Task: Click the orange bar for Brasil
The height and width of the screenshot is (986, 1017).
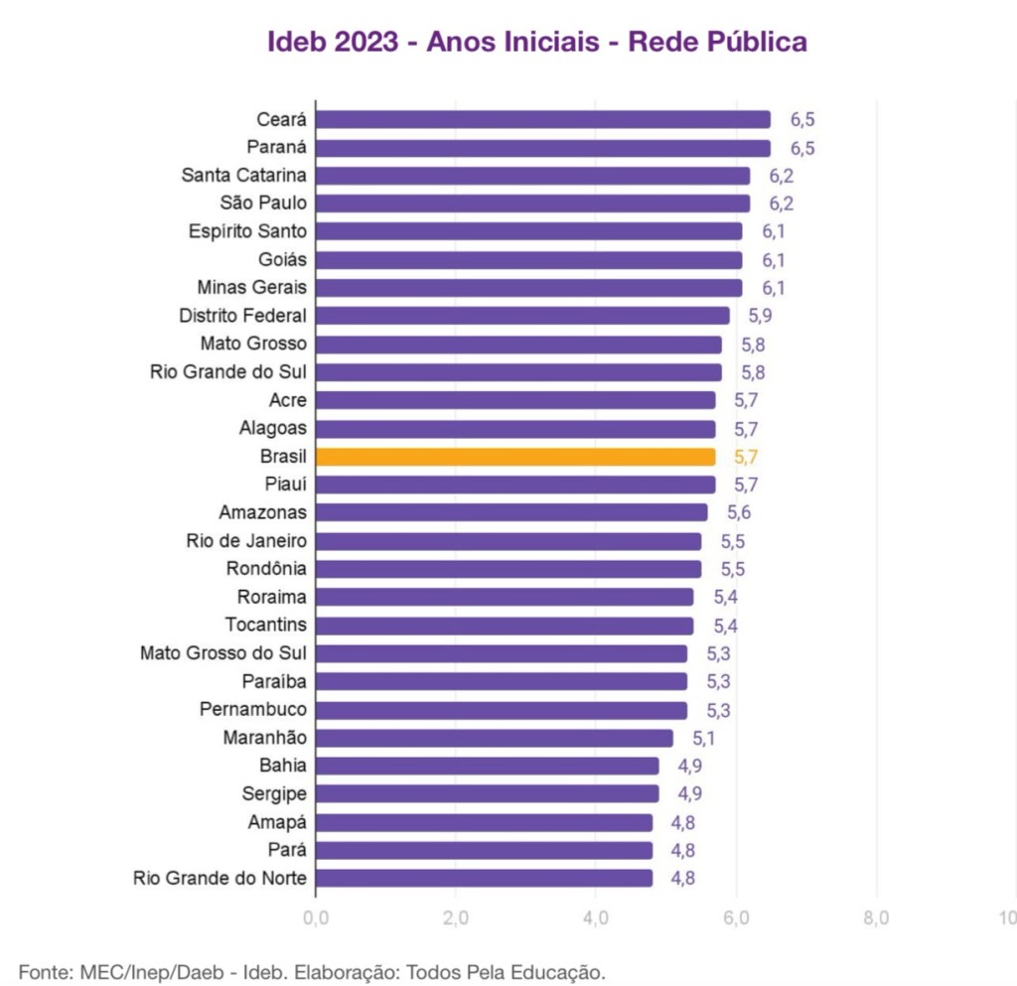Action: tap(515, 457)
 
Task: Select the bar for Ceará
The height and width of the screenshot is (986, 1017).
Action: tap(543, 119)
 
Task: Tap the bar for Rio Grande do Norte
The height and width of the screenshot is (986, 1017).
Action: tap(485, 878)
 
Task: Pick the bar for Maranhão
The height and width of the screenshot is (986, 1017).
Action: tap(495, 738)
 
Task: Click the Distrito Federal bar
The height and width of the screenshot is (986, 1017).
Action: tap(522, 316)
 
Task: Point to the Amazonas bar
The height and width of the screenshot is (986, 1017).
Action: tap(511, 512)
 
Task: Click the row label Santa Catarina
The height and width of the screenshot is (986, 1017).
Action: tap(243, 175)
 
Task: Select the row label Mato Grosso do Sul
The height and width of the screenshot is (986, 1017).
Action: tap(223, 653)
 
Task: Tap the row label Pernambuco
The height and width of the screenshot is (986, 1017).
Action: tap(253, 709)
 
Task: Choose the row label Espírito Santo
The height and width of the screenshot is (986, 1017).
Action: tap(247, 231)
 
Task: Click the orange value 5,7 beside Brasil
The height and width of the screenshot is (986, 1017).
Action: tap(746, 457)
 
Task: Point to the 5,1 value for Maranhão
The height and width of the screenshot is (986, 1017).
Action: tap(704, 738)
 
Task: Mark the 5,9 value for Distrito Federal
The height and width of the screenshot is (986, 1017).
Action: tap(760, 316)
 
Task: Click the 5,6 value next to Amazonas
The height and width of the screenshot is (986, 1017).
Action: tap(739, 512)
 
